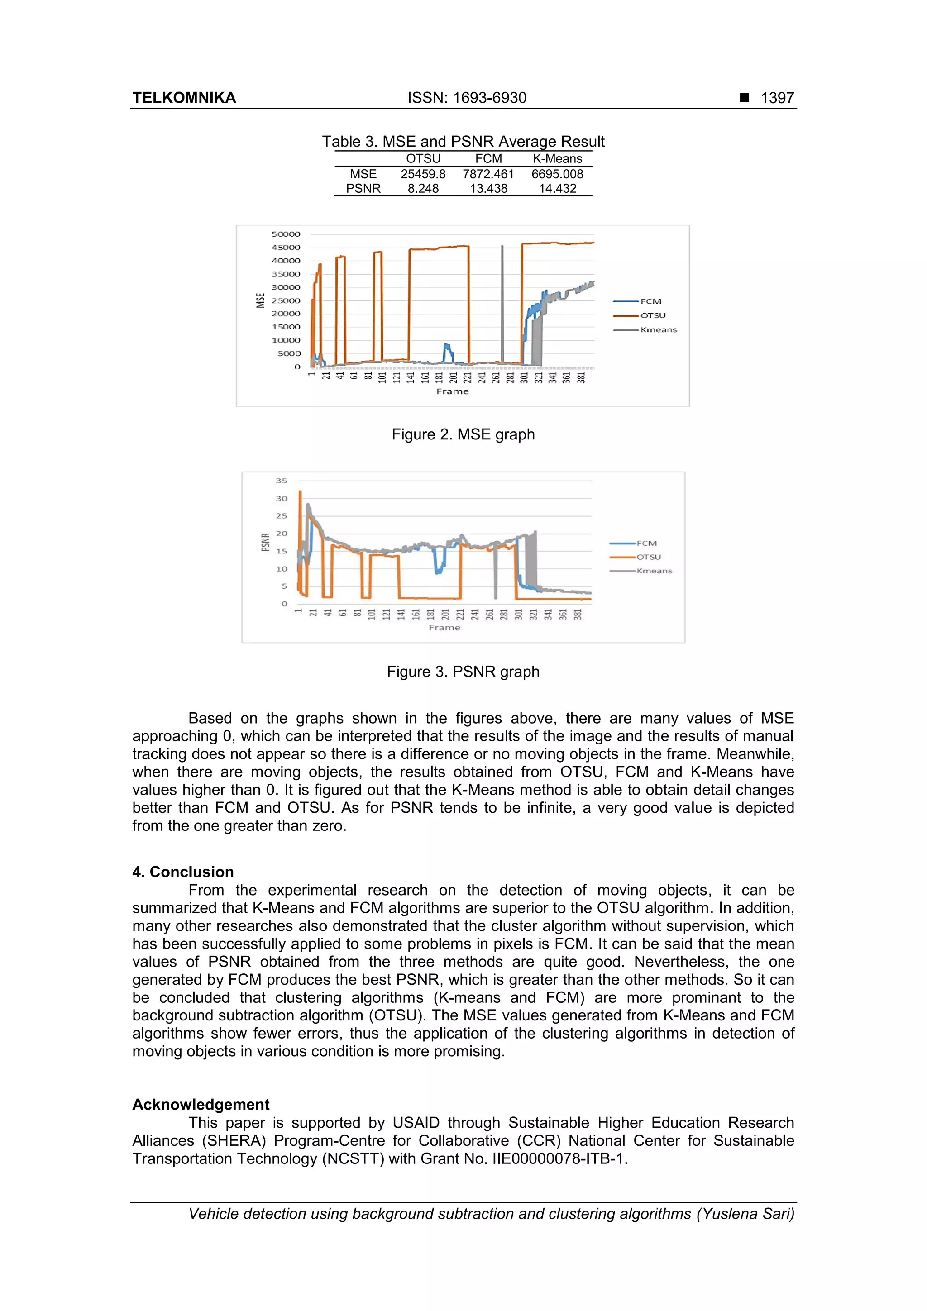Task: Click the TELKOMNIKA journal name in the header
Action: click(184, 98)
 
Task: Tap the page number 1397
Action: click(777, 98)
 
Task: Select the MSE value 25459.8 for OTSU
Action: click(423, 174)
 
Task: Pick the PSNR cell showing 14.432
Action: click(558, 188)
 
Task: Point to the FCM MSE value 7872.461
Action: click(488, 174)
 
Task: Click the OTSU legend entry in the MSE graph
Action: click(652, 315)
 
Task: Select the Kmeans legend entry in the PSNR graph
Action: click(654, 570)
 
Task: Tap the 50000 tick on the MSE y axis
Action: click(286, 234)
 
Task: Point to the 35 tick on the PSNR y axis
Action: click(282, 481)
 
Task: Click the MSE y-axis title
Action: click(260, 300)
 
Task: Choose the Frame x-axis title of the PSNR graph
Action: click(444, 628)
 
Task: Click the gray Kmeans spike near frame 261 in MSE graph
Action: click(502, 303)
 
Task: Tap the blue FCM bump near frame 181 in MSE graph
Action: click(448, 351)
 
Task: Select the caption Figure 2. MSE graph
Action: click(463, 434)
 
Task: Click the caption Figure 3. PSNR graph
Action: click(463, 672)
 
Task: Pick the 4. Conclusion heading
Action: click(183, 872)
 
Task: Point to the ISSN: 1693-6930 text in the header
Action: click(467, 98)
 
